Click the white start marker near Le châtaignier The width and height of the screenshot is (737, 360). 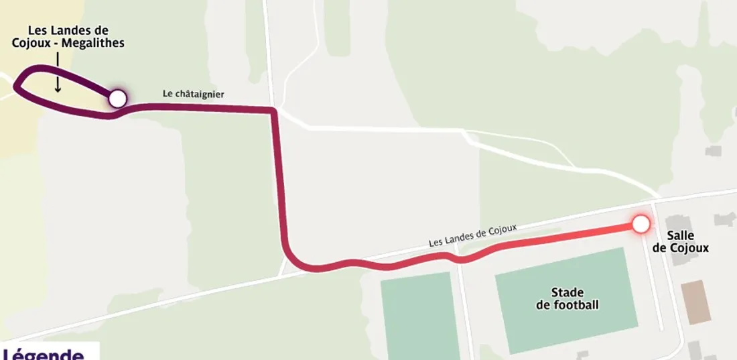tap(117, 99)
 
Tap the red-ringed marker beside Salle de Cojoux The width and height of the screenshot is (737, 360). tap(641, 224)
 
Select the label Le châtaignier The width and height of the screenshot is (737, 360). tap(194, 95)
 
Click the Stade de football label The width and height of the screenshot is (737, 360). tap(567, 299)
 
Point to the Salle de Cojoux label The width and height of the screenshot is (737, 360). tap(680, 242)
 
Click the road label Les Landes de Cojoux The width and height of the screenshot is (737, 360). tap(472, 236)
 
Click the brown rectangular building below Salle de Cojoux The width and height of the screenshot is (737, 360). tap(696, 302)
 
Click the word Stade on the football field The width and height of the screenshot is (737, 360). tap(567, 293)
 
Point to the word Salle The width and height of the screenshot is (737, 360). tap(680, 236)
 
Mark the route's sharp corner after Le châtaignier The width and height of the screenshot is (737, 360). tap(273, 111)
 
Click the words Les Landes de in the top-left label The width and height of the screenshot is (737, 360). tap(68, 31)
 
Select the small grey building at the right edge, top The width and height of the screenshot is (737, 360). tap(714, 151)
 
